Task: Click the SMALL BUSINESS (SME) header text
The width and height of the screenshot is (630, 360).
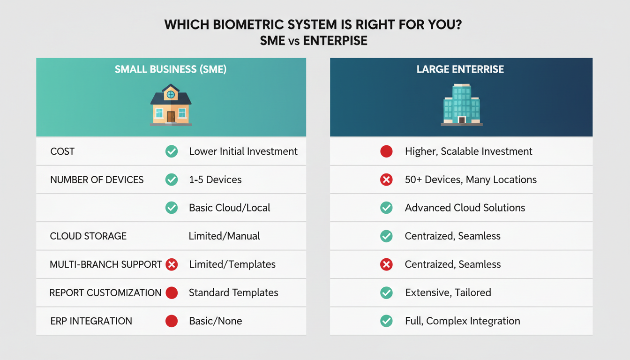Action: pos(171,69)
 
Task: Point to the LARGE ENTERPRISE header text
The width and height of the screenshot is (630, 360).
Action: pos(460,69)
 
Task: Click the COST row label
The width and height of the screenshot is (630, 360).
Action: pos(62,151)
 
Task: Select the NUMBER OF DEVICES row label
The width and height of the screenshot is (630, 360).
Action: pos(97,180)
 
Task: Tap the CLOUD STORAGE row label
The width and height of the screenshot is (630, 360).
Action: pos(88,236)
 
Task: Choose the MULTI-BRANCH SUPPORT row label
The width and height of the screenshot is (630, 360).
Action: pos(106,264)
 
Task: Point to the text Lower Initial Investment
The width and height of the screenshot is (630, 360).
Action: pos(243,151)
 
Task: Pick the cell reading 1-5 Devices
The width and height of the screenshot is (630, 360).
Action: pos(215,180)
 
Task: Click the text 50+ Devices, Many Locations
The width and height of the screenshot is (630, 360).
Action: pos(471,180)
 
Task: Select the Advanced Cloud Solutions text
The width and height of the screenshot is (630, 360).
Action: pos(465,208)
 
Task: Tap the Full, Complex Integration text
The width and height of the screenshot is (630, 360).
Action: pos(462,321)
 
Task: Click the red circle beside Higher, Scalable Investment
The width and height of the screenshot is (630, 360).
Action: pos(386,151)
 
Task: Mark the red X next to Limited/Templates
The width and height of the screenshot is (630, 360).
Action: pos(172,264)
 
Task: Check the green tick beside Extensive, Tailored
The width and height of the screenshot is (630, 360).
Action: pos(386,293)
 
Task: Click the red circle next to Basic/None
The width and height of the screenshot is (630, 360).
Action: pos(172,321)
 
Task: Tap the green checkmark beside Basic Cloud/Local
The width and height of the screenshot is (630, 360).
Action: pos(172,208)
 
